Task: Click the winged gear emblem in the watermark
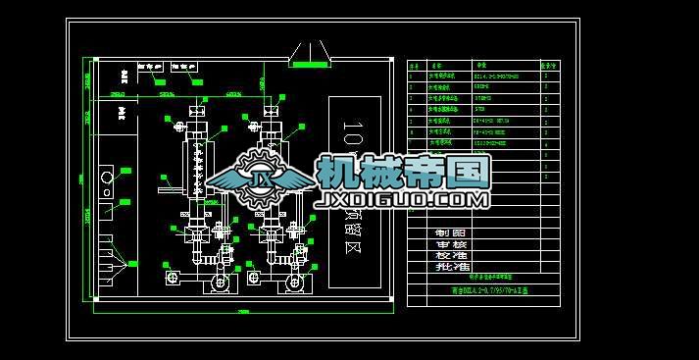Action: (261, 179)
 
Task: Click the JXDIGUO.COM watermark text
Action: (401, 199)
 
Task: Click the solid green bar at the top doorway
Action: (311, 64)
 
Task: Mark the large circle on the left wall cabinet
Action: (107, 179)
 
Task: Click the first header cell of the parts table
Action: (414, 66)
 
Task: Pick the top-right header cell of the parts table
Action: (555, 66)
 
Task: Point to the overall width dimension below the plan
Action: (242, 311)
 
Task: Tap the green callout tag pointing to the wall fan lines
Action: (133, 263)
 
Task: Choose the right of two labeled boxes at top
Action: (185, 67)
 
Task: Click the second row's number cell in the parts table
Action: (414, 86)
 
